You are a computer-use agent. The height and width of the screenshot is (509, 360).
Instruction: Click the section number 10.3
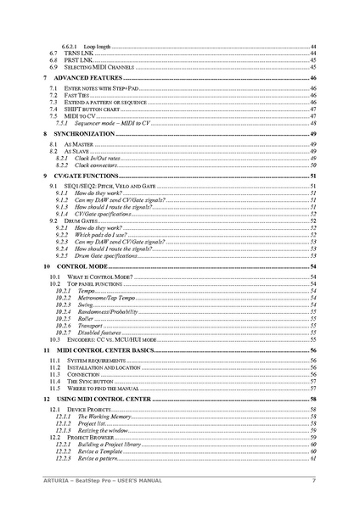pos(54,338)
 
